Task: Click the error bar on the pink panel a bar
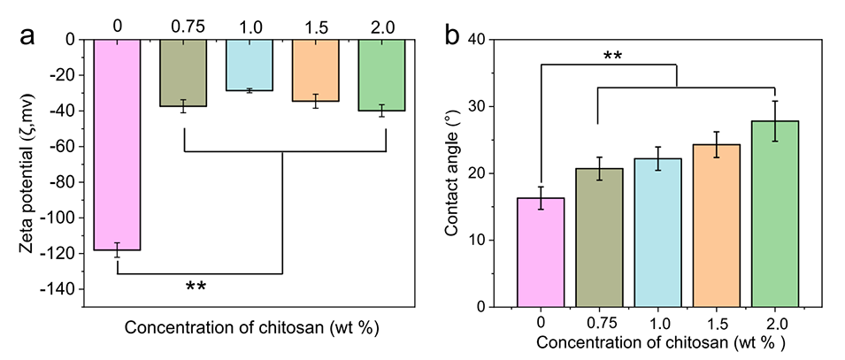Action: click(x=117, y=249)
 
